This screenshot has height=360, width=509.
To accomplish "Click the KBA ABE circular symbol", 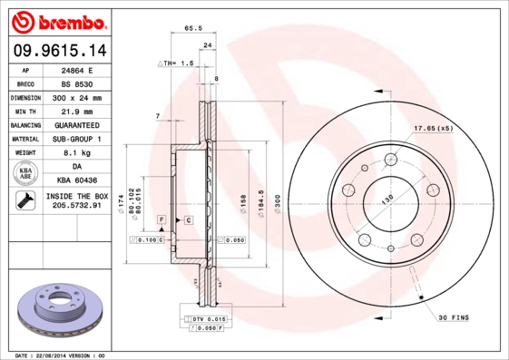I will pos(26,174).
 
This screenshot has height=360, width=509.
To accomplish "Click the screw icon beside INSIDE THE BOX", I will pos(26,201).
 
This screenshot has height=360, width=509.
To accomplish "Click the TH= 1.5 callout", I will pos(178,63).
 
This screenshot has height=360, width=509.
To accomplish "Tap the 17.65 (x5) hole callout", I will pos(433,128).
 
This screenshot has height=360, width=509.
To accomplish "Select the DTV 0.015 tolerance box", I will pos(207,319).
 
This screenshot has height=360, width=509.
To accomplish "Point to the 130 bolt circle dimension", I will pos(387,199).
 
